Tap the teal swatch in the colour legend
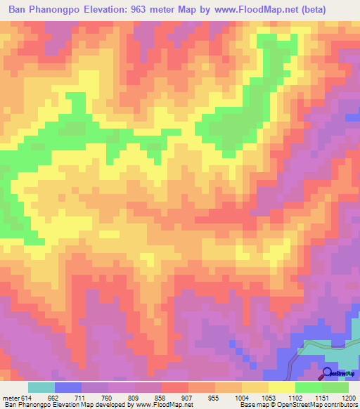click(x=41, y=387)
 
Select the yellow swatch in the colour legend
click(x=282, y=387)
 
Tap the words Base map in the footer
click(x=254, y=405)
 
